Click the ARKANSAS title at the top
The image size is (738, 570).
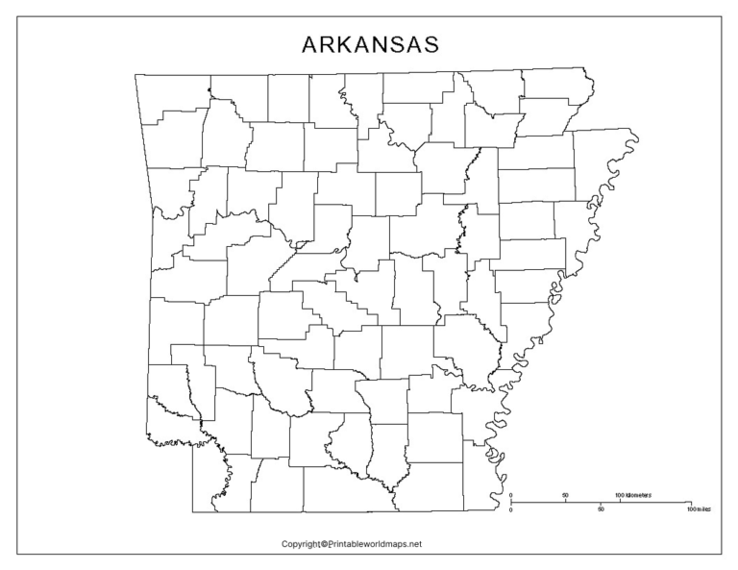click(x=370, y=45)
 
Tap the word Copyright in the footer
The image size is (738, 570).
click(x=300, y=544)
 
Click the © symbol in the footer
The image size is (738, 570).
click(x=325, y=544)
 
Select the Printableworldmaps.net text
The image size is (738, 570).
click(x=376, y=544)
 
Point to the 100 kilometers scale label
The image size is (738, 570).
click(x=632, y=495)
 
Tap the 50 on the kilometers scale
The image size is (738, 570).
click(x=565, y=495)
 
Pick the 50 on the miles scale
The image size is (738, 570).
click(x=601, y=509)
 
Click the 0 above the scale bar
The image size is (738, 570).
click(x=511, y=495)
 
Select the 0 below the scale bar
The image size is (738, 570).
click(x=511, y=509)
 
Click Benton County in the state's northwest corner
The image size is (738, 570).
click(x=173, y=96)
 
